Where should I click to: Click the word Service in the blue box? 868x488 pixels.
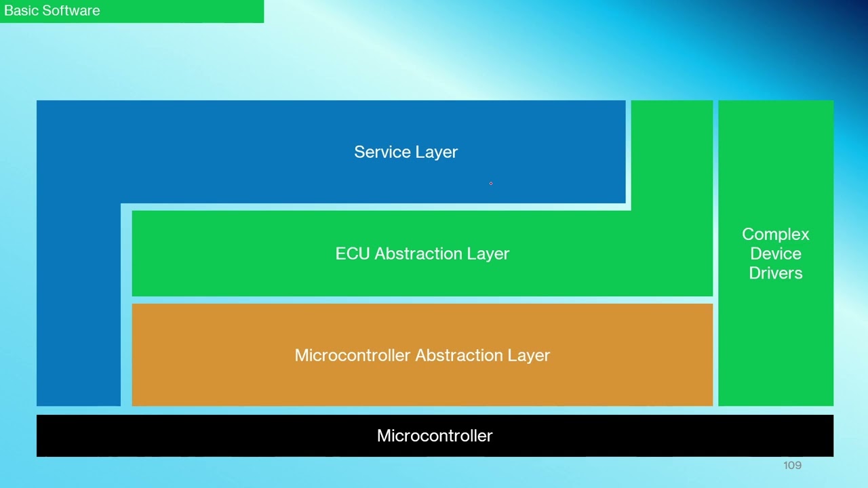[x=382, y=152]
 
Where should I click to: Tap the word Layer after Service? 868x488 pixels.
[x=437, y=152]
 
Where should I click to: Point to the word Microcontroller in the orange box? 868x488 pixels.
[x=352, y=355]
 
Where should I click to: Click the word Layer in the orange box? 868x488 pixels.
[x=530, y=355]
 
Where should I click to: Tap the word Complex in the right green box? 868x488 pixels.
[x=775, y=235]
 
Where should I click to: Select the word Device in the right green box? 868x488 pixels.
[x=775, y=253]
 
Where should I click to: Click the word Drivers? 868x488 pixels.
[x=775, y=273]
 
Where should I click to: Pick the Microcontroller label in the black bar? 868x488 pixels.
[x=435, y=436]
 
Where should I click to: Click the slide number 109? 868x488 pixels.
[x=792, y=465]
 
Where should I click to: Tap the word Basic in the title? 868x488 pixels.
[x=18, y=11]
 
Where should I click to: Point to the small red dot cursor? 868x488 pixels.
[x=491, y=183]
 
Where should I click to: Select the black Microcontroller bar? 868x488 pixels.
[x=203, y=436]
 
